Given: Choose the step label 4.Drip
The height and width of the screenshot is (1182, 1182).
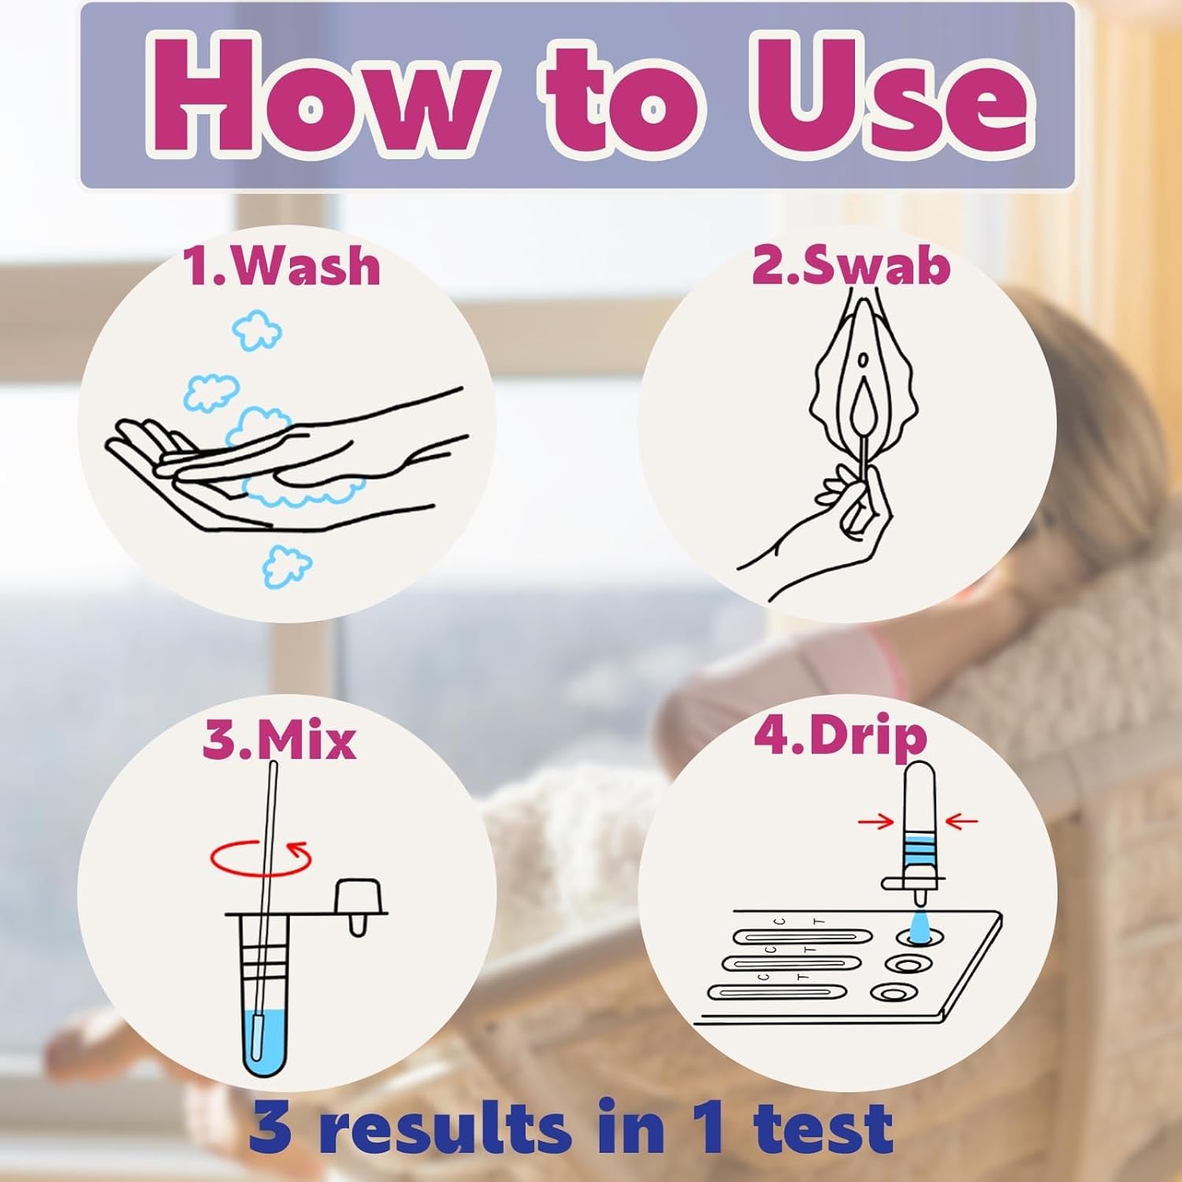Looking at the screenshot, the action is (840, 737).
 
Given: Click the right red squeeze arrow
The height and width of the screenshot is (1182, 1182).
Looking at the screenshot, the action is (961, 822).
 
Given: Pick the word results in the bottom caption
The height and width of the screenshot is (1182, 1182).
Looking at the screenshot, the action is (446, 1126).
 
